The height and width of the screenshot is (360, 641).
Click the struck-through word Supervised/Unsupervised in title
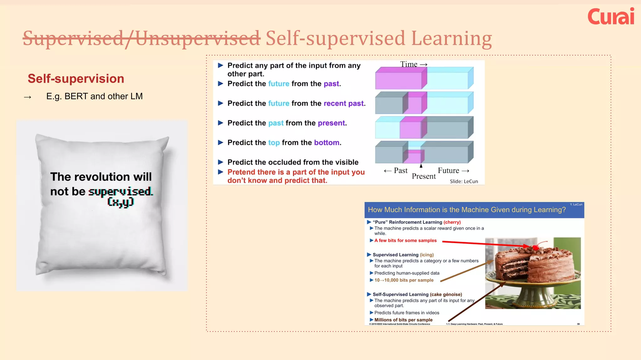point(141,38)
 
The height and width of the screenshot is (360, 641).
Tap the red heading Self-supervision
point(76,78)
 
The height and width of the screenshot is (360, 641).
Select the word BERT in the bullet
point(76,96)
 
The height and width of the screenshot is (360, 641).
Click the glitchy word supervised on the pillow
point(121,191)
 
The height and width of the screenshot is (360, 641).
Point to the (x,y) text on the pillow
point(121,202)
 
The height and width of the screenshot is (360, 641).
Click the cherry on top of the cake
point(536,248)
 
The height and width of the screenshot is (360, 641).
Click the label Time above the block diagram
point(409,64)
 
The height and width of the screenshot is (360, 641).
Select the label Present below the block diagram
point(423,176)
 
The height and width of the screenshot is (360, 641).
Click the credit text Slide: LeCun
point(464,181)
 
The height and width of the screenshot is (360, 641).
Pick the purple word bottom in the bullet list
point(327,142)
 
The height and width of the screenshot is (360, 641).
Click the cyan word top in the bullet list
point(274,143)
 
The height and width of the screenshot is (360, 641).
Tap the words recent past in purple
point(344,103)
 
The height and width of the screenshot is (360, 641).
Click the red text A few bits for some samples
point(405,240)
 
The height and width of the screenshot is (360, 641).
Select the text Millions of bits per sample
point(403,320)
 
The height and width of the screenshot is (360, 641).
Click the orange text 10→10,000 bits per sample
point(404,280)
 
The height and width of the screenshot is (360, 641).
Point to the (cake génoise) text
point(446,294)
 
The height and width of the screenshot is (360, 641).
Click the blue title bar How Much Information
point(466,210)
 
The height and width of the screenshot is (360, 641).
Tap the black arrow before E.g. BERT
point(28,97)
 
